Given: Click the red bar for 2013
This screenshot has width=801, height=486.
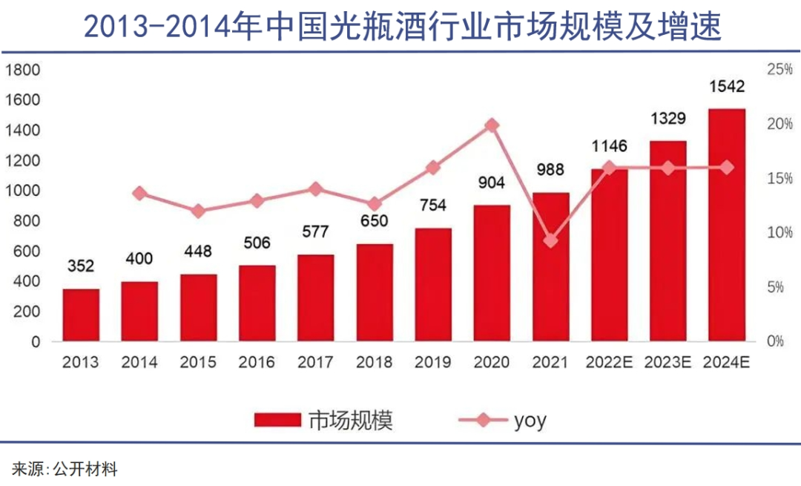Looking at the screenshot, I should pyautogui.click(x=81, y=315).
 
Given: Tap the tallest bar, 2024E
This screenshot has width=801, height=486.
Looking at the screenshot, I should pyautogui.click(x=726, y=226).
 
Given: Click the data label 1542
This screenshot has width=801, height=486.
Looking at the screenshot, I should pyautogui.click(x=726, y=86).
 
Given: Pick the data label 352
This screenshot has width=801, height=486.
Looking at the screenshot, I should pyautogui.click(x=81, y=266).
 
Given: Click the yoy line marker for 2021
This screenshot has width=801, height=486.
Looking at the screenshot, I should pyautogui.click(x=550, y=241).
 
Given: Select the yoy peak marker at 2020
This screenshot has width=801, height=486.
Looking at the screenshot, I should pyautogui.click(x=492, y=125).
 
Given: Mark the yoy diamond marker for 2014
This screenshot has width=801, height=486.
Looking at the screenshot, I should pyautogui.click(x=139, y=194).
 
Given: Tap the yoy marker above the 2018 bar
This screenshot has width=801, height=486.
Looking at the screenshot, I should pyautogui.click(x=375, y=204).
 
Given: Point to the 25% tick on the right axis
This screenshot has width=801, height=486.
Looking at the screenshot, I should pyautogui.click(x=779, y=70).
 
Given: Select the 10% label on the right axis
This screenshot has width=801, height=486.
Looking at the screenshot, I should pyautogui.click(x=779, y=233).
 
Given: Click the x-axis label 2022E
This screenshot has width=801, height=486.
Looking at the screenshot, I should pyautogui.click(x=609, y=363).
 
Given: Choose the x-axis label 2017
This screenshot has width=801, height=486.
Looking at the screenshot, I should pyautogui.click(x=315, y=363).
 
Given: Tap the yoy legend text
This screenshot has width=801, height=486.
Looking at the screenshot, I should pyautogui.click(x=530, y=421).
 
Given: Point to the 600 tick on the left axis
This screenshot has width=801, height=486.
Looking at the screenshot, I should pyautogui.click(x=25, y=252).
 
